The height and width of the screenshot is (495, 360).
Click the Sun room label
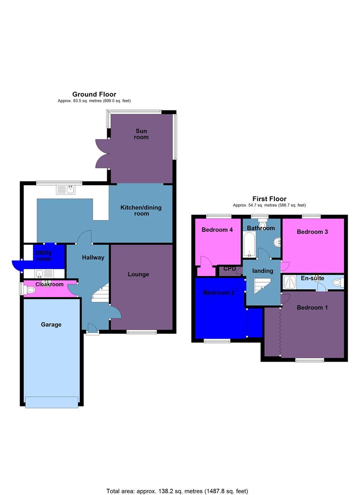coord(141,134)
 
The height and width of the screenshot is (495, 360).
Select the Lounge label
coord(138,275)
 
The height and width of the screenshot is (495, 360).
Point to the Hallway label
coord(93,258)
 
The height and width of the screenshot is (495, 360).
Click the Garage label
coord(51,324)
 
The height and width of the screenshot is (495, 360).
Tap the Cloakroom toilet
coord(30,290)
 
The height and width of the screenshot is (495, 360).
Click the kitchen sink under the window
coord(66,189)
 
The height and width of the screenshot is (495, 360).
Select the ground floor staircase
coord(100,294)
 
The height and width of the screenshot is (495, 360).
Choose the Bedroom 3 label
coord(312,232)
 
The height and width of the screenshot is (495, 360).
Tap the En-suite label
coord(312,278)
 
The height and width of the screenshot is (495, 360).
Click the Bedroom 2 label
coord(219,293)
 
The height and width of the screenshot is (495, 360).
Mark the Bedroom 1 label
coord(312,308)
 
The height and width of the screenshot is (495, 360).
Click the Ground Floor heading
coord(94,94)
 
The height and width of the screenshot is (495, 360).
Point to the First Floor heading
coord(269,199)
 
